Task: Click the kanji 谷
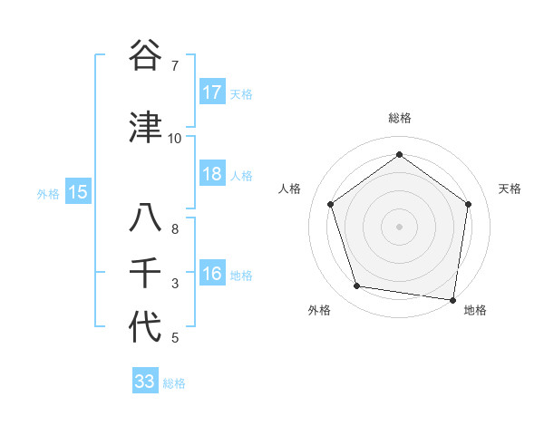click(145, 55)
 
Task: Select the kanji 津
click(145, 128)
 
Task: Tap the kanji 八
click(145, 219)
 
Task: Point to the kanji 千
click(145, 273)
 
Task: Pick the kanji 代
click(145, 327)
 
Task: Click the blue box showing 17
click(211, 92)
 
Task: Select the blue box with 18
click(211, 174)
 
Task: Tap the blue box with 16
click(211, 274)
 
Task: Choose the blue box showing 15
click(77, 191)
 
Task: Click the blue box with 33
click(145, 382)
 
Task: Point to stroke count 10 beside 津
click(174, 139)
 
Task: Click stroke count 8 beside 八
click(174, 229)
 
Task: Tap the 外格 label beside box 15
click(48, 192)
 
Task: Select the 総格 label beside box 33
click(174, 382)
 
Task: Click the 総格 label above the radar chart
click(399, 118)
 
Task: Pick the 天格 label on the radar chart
click(510, 189)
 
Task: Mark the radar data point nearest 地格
click(453, 299)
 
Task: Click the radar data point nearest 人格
click(331, 204)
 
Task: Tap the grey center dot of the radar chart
click(399, 226)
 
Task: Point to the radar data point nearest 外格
click(357, 286)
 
